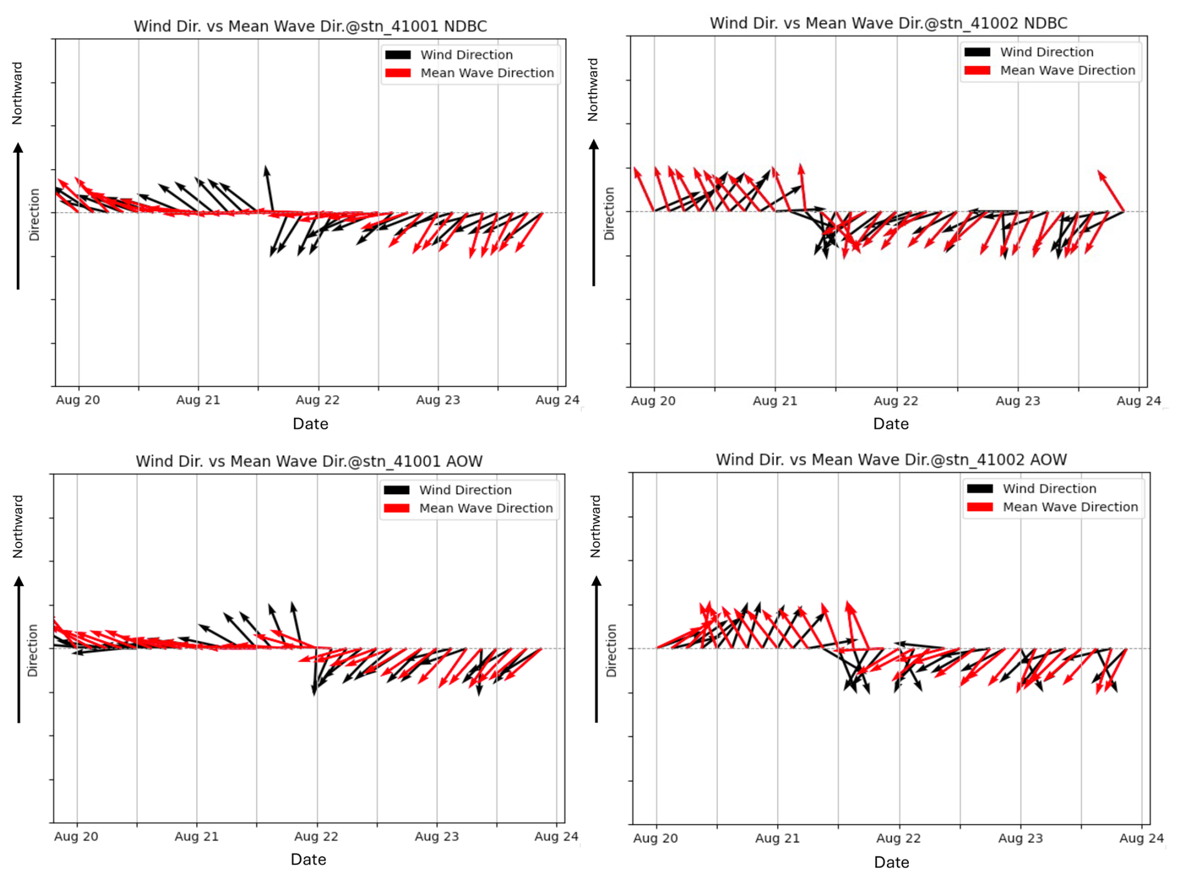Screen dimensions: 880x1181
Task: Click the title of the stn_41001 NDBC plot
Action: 310,26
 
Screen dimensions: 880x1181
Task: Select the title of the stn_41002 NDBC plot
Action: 888,23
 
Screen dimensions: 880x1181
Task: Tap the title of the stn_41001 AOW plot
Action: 309,461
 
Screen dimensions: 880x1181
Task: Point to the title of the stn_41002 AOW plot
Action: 891,460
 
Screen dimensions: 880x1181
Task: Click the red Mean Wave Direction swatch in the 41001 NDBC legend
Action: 398,73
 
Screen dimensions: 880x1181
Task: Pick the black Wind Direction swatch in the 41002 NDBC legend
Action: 977,52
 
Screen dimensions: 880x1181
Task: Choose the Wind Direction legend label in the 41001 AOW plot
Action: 465,490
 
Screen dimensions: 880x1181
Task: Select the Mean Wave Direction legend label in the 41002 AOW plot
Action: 1070,507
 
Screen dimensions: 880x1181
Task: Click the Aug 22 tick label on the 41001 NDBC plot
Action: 317,400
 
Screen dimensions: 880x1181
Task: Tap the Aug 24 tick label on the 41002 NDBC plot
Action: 1138,401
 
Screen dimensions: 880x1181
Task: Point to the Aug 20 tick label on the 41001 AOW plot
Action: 76,836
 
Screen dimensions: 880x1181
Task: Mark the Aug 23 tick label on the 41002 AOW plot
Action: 1020,838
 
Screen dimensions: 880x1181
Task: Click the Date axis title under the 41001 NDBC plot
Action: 310,424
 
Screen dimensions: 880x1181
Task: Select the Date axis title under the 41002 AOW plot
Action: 891,863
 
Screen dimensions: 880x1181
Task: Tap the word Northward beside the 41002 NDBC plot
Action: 593,90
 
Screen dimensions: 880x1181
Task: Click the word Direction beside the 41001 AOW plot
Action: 33,650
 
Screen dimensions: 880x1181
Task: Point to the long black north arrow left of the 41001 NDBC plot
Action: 18,216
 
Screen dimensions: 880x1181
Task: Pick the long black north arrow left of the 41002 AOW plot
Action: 597,649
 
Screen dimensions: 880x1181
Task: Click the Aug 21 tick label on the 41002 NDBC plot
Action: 775,401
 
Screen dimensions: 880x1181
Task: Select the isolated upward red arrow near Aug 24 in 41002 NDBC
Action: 1111,190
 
